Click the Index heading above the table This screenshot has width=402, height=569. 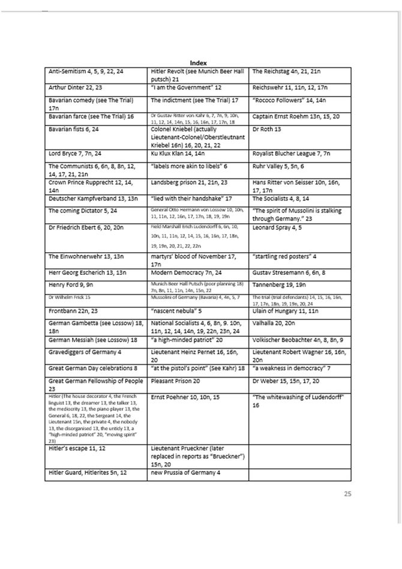pos(199,62)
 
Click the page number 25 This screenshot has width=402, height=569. pos(348,493)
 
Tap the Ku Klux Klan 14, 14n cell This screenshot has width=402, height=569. pos(179,154)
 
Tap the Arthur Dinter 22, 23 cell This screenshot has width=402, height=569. pos(73,87)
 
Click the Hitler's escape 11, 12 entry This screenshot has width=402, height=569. pos(76,448)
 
